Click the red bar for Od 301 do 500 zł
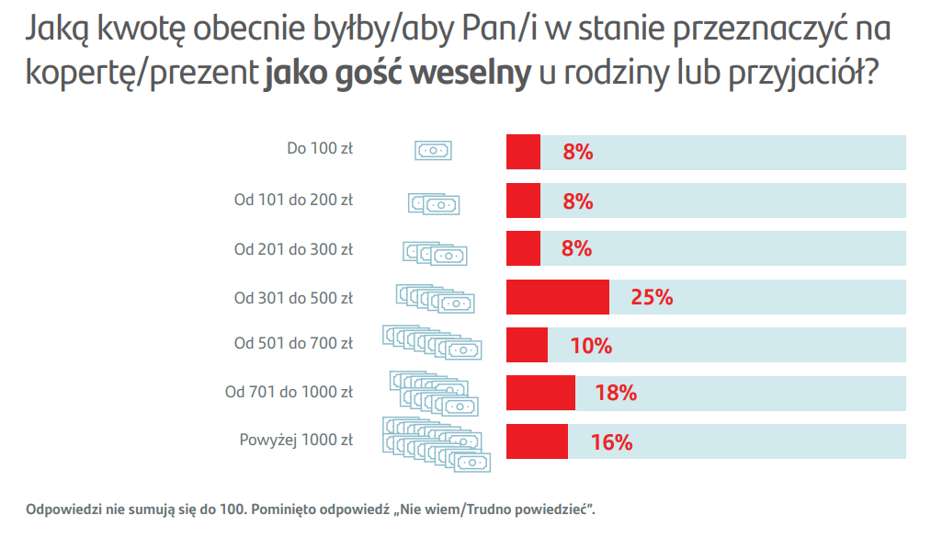coord(558,297)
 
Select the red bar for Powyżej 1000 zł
coord(537,441)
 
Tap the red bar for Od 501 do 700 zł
coord(527,345)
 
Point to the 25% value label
coord(652,297)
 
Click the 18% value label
coord(615,393)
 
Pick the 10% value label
coord(590,346)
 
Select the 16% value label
coord(611,442)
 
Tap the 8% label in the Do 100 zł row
coord(577,153)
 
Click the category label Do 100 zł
coord(320,148)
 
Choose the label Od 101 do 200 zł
coord(293,199)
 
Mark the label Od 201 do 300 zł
coord(293,248)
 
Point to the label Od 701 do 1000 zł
coord(289,392)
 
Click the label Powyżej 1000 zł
coord(295,441)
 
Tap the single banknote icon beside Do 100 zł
coord(434,151)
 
